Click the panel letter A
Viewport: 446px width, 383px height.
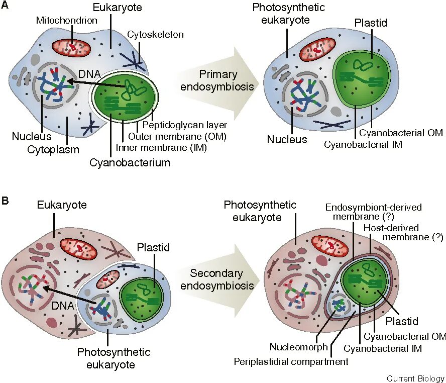pyautogui.click(x=6, y=7)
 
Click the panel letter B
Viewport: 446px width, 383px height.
pyautogui.click(x=6, y=201)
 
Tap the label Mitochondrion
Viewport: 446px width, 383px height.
pyautogui.click(x=67, y=21)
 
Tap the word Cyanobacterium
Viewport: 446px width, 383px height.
pyautogui.click(x=130, y=162)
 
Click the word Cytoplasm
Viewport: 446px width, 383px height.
pyautogui.click(x=53, y=149)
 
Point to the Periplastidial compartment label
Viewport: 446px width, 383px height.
pyautogui.click(x=291, y=361)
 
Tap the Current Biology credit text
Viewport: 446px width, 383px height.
pyautogui.click(x=416, y=378)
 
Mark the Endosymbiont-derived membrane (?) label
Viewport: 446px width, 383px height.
pyautogui.click(x=373, y=212)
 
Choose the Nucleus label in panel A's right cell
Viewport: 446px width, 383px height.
pyautogui.click(x=287, y=139)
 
